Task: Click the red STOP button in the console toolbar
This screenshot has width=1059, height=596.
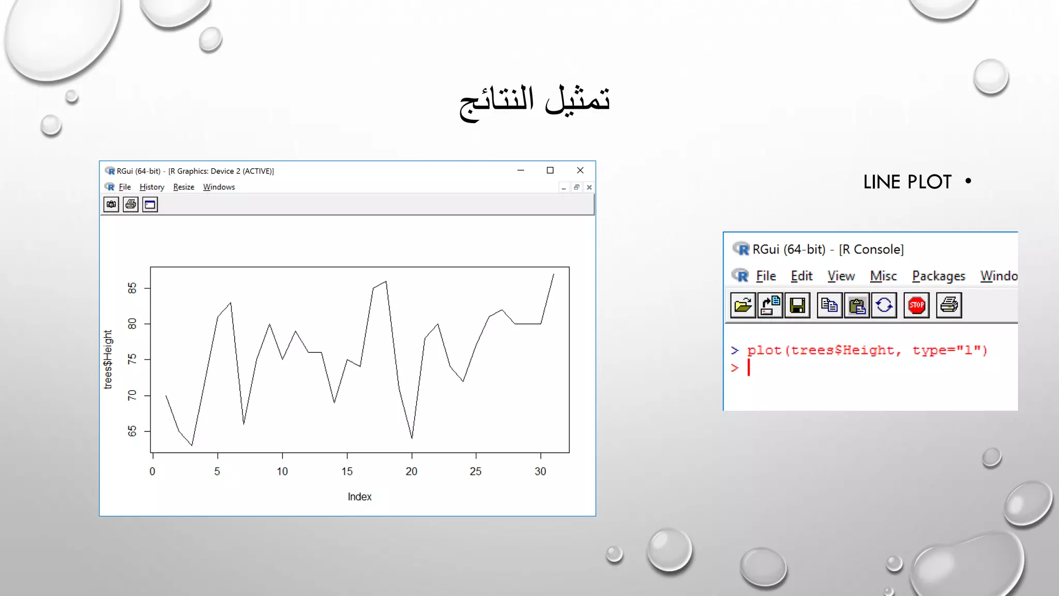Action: [x=916, y=305]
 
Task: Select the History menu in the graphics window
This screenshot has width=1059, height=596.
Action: [x=152, y=187]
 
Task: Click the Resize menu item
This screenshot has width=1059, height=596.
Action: [x=184, y=187]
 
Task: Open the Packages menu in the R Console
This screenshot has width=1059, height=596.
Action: [x=938, y=276]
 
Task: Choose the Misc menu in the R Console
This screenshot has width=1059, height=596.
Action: [x=883, y=276]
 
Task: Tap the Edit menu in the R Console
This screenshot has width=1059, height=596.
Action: [x=801, y=276]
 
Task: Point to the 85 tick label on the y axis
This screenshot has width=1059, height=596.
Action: [x=132, y=288]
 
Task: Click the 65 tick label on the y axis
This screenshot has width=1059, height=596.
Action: [x=132, y=431]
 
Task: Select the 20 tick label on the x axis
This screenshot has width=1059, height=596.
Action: [x=411, y=471]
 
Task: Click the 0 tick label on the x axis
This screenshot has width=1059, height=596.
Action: [x=152, y=471]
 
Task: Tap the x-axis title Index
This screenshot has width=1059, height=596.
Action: [x=359, y=497]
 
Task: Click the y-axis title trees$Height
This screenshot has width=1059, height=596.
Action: [x=108, y=359]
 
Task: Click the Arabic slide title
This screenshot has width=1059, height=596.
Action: [x=535, y=101]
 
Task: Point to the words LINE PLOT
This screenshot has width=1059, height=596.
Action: [x=907, y=182]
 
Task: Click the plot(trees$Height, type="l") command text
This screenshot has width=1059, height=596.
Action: [x=867, y=350]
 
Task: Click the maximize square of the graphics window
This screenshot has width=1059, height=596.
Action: [x=550, y=170]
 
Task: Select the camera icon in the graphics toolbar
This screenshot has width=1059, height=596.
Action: [x=111, y=204]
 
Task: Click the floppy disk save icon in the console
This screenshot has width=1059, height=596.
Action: [x=797, y=305]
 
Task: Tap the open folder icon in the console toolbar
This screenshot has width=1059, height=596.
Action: [x=743, y=305]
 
